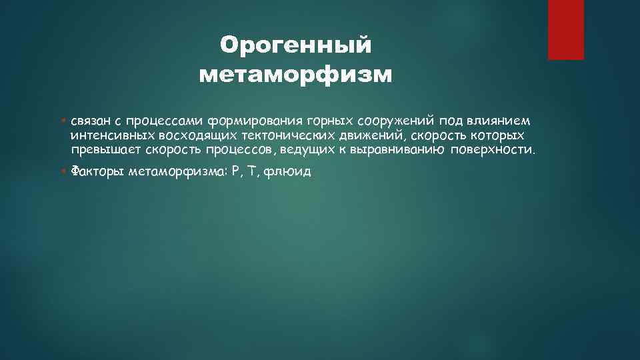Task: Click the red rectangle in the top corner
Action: click(565, 29)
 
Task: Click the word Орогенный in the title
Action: click(295, 45)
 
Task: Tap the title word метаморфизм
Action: click(295, 75)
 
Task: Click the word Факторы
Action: click(96, 171)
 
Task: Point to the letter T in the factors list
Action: click(251, 171)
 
